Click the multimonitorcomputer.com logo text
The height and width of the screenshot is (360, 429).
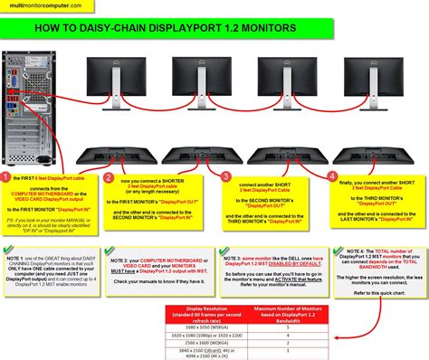point(36,6)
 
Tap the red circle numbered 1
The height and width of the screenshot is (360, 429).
point(7,177)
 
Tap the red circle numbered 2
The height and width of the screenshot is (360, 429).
point(109,178)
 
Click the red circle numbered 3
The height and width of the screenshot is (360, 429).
point(226,177)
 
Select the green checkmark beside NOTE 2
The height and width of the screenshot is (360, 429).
point(110,251)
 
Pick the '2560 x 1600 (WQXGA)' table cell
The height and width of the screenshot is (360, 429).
point(201,343)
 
